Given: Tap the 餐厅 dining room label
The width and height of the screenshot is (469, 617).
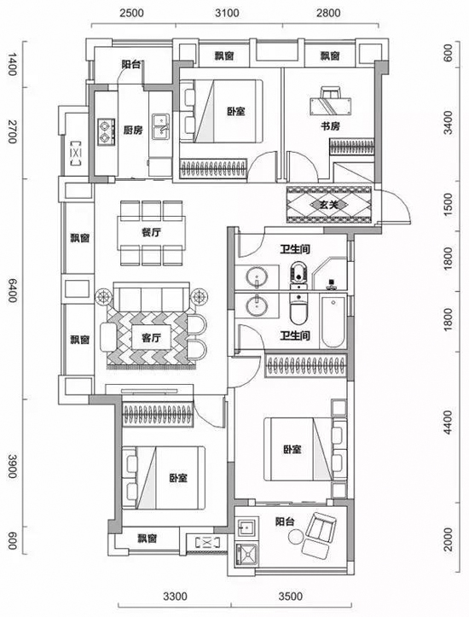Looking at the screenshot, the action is pyautogui.click(x=151, y=233).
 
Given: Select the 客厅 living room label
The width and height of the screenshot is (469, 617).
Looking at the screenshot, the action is pyautogui.click(x=151, y=338).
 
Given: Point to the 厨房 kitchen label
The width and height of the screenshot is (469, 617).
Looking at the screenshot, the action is pyautogui.click(x=133, y=131).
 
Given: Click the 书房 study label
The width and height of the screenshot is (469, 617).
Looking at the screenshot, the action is pyautogui.click(x=330, y=126).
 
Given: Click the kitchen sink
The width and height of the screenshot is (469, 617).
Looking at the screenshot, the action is pyautogui.click(x=161, y=126).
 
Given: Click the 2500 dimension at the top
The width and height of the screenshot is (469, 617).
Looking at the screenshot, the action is pyautogui.click(x=132, y=13).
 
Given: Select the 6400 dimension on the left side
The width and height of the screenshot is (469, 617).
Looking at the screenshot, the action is pyautogui.click(x=12, y=291).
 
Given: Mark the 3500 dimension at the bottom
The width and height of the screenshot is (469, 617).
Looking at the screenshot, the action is pyautogui.click(x=291, y=597).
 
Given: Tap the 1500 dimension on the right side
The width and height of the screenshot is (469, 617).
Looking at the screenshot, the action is pyautogui.click(x=448, y=206).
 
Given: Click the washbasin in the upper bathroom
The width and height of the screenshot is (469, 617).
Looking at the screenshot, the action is pyautogui.click(x=257, y=276).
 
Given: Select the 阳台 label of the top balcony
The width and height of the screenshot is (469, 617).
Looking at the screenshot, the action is pyautogui.click(x=130, y=65).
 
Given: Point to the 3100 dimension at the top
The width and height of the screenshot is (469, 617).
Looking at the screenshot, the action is pyautogui.click(x=227, y=13).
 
